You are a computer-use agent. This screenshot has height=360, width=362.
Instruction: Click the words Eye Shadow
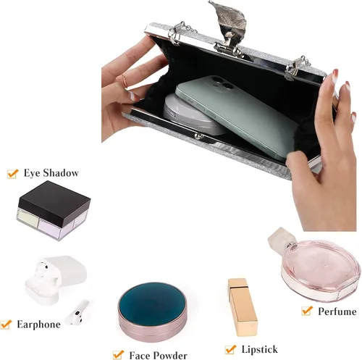point(51,173)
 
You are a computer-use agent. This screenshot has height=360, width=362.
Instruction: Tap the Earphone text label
point(38,325)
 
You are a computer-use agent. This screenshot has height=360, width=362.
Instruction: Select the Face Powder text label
point(158,355)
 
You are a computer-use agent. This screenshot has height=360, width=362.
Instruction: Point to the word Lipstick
point(259,349)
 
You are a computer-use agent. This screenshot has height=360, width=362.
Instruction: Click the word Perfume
point(337,311)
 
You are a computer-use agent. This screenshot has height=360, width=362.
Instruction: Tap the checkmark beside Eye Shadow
point(13,173)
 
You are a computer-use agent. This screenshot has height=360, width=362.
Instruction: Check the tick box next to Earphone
point(6,325)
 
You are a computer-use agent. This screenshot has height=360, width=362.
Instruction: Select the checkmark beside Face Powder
point(118,355)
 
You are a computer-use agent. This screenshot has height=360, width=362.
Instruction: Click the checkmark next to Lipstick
point(230,349)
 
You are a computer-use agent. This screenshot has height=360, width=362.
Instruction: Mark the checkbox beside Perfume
point(307,311)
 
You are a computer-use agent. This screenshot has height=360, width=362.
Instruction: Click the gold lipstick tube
point(243,307)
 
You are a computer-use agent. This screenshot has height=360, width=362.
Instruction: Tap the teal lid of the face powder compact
point(152,302)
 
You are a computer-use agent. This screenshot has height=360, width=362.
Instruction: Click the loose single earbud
point(77,312)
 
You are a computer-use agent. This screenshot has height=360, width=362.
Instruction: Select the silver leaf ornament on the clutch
point(230,24)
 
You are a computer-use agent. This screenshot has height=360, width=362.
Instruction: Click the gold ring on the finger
point(125,81)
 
